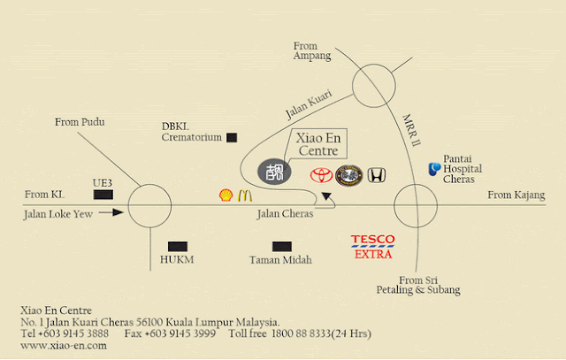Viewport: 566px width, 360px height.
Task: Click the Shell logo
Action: click(226, 195)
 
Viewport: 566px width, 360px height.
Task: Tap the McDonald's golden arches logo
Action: click(245, 195)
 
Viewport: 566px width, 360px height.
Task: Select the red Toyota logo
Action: click(321, 175)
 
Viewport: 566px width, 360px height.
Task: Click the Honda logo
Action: click(377, 175)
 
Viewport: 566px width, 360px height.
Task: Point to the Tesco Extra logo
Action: click(373, 247)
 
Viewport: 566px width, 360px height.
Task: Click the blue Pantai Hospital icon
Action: click(434, 169)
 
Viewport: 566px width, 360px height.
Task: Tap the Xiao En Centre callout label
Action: click(318, 144)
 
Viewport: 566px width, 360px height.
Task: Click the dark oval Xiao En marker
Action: click(274, 172)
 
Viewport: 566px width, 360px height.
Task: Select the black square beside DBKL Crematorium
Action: click(232, 138)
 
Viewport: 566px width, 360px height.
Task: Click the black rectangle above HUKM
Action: click(178, 247)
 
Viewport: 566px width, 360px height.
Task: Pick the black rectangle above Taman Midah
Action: click(282, 247)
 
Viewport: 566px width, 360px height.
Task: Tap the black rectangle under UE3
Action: click(103, 195)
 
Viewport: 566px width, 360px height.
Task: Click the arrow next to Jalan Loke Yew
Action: click(111, 212)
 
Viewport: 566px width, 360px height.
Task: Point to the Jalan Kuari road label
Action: click(309, 104)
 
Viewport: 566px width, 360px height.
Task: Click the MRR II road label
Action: click(411, 130)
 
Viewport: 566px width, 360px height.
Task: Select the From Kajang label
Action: click(516, 195)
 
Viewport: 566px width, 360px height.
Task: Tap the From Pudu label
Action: click(80, 122)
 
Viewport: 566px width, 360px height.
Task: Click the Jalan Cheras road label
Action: click(285, 214)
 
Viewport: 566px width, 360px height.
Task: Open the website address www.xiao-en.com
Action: click(64, 346)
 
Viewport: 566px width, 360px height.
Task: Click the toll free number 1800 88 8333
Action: click(301, 333)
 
